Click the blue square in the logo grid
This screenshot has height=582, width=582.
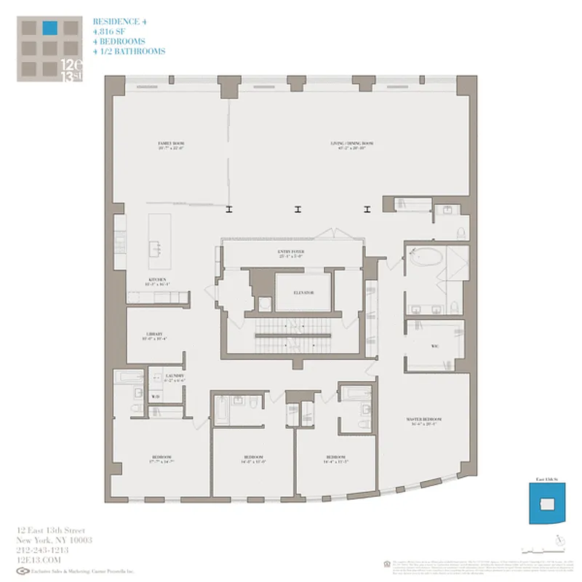click(x=49, y=29)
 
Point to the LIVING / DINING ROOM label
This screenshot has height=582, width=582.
click(x=352, y=145)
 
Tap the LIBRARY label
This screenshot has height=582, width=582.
click(x=154, y=335)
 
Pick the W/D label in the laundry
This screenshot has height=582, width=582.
click(x=156, y=396)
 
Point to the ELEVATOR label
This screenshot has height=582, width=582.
click(x=304, y=292)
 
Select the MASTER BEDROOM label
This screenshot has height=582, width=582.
click(x=423, y=422)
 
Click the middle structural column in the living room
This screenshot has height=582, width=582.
click(x=298, y=210)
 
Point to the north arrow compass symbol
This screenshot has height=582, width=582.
click(x=558, y=540)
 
